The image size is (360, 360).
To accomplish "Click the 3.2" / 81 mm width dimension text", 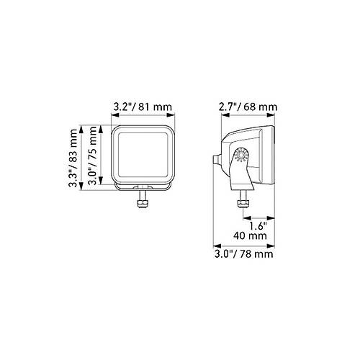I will point(143,107).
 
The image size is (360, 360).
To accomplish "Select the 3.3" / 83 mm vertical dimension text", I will point(73,158).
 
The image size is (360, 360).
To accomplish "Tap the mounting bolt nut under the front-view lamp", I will point(143,204).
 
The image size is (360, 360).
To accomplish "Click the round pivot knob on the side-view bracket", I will point(241,154).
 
